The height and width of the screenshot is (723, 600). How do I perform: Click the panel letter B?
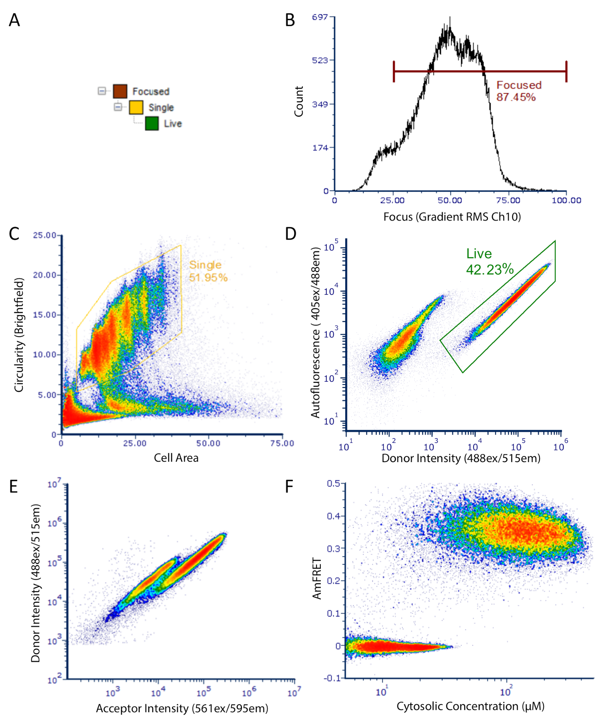pyautogui.click(x=290, y=20)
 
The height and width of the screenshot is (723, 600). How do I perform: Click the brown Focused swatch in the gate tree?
pyautogui.click(x=120, y=91)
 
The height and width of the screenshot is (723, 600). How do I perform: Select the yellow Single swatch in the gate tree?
pyautogui.click(x=136, y=107)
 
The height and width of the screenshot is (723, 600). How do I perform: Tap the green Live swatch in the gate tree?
pyautogui.click(x=152, y=124)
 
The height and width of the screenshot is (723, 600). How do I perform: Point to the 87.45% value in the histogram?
pyautogui.click(x=516, y=97)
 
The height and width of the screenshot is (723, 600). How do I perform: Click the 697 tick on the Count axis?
pyautogui.click(x=320, y=17)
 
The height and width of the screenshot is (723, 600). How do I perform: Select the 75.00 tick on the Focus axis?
pyautogui.click(x=508, y=200)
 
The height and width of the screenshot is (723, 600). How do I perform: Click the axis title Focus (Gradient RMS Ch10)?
pyautogui.click(x=452, y=217)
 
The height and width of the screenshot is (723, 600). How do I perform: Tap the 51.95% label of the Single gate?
pyautogui.click(x=208, y=277)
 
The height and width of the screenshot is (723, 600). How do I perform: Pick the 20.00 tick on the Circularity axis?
pyautogui.click(x=44, y=275)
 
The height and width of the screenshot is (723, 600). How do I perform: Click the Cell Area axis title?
pyautogui.click(x=176, y=458)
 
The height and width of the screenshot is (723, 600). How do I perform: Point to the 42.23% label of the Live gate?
pyautogui.click(x=490, y=269)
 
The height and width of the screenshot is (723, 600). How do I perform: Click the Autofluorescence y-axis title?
pyautogui.click(x=316, y=332)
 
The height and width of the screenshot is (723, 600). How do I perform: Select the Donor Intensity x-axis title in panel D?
pyautogui.click(x=461, y=458)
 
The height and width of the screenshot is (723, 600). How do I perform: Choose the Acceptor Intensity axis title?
pyautogui.click(x=182, y=709)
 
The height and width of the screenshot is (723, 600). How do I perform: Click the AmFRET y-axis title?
pyautogui.click(x=317, y=579)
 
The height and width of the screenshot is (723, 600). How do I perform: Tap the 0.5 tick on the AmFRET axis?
pyautogui.click(x=333, y=483)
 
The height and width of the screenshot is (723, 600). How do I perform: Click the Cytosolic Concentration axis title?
pyautogui.click(x=470, y=706)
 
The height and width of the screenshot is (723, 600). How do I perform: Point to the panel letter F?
pyautogui.click(x=289, y=487)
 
